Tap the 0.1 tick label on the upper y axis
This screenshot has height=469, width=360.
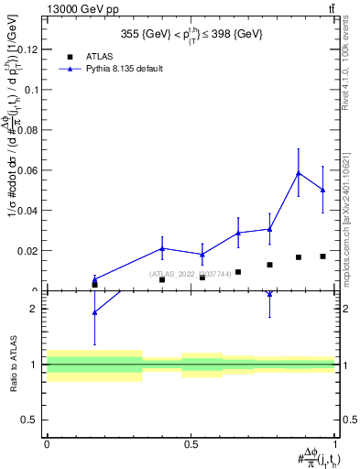(33, 90)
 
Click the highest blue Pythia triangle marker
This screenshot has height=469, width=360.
(298, 172)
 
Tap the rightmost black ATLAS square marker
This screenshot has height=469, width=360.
(322, 256)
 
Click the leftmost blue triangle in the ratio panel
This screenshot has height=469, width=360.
(94, 312)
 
